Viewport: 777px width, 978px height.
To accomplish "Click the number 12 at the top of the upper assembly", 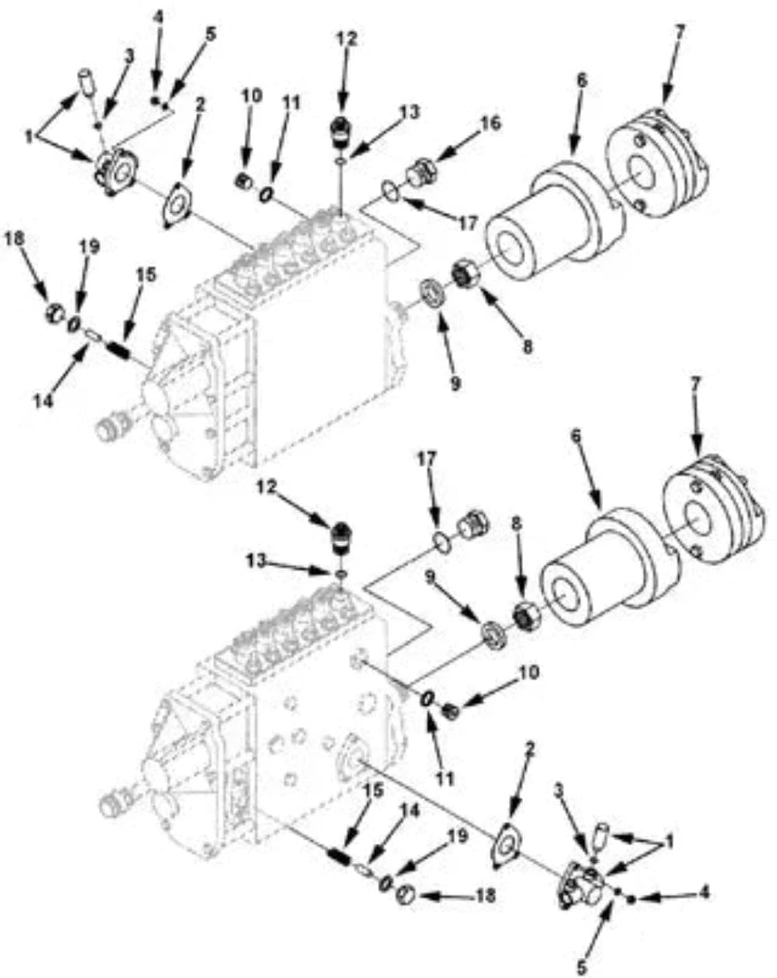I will [x=346, y=37].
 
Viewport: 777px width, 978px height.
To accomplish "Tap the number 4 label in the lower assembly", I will [x=704, y=893].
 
